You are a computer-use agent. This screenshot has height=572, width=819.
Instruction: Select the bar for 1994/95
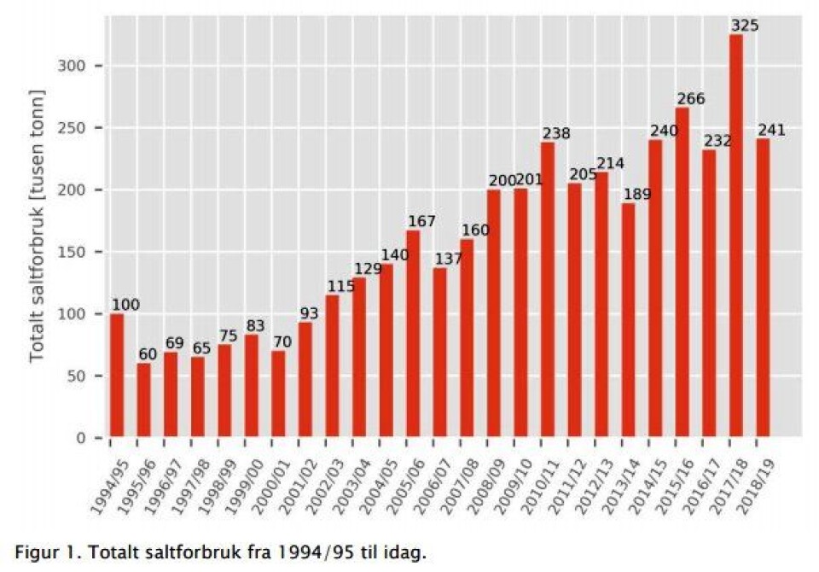point(116,376)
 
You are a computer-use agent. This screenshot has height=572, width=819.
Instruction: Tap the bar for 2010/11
point(548,290)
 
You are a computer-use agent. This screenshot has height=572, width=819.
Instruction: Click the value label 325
point(744,26)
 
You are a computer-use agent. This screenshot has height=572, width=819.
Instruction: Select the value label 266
point(690,99)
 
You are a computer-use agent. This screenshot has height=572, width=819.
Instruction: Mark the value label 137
point(447,259)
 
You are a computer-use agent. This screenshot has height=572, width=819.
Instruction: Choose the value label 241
point(771,131)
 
